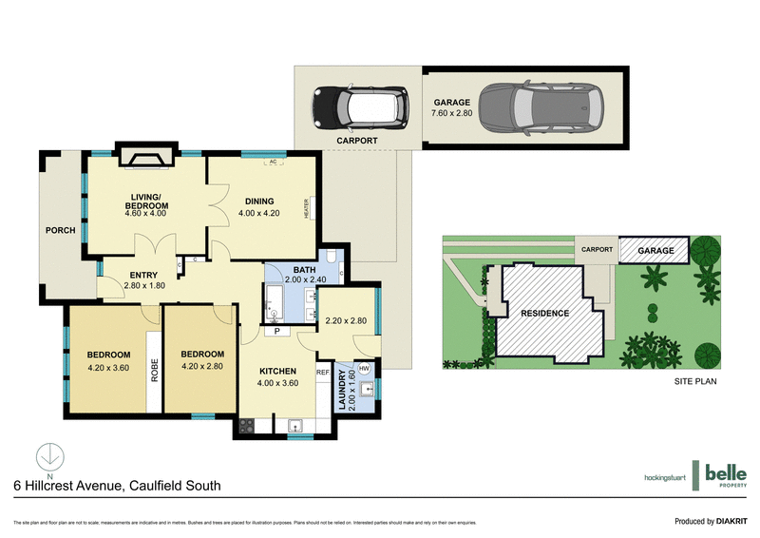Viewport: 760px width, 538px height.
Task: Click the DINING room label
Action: point(259,201)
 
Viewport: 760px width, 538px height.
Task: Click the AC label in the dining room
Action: point(272,163)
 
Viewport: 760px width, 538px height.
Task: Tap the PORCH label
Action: point(60,230)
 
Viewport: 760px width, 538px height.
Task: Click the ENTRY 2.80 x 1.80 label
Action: point(146,279)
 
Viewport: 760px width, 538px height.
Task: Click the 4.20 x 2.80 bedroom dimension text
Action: point(202,366)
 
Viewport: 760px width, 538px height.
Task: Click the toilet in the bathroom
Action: point(328,258)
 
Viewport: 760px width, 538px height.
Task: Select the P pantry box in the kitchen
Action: point(276,332)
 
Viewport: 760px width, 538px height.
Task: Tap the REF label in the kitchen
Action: point(322,372)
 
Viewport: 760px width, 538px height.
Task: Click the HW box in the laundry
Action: point(364,368)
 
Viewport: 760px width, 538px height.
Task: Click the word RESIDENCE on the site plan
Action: point(542,313)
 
